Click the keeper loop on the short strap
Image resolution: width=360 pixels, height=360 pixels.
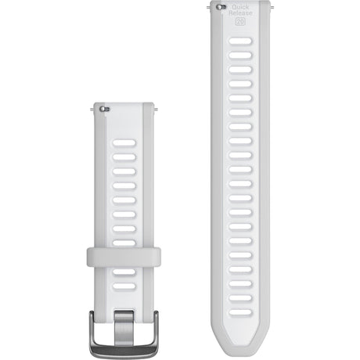coord(123,256)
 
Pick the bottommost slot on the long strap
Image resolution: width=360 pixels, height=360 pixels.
coord(240,312)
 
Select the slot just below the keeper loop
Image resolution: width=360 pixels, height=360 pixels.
coord(124,273)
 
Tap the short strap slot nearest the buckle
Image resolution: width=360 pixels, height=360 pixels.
coord(124,286)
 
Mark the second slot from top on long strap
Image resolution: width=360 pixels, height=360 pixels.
coord(240,69)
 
